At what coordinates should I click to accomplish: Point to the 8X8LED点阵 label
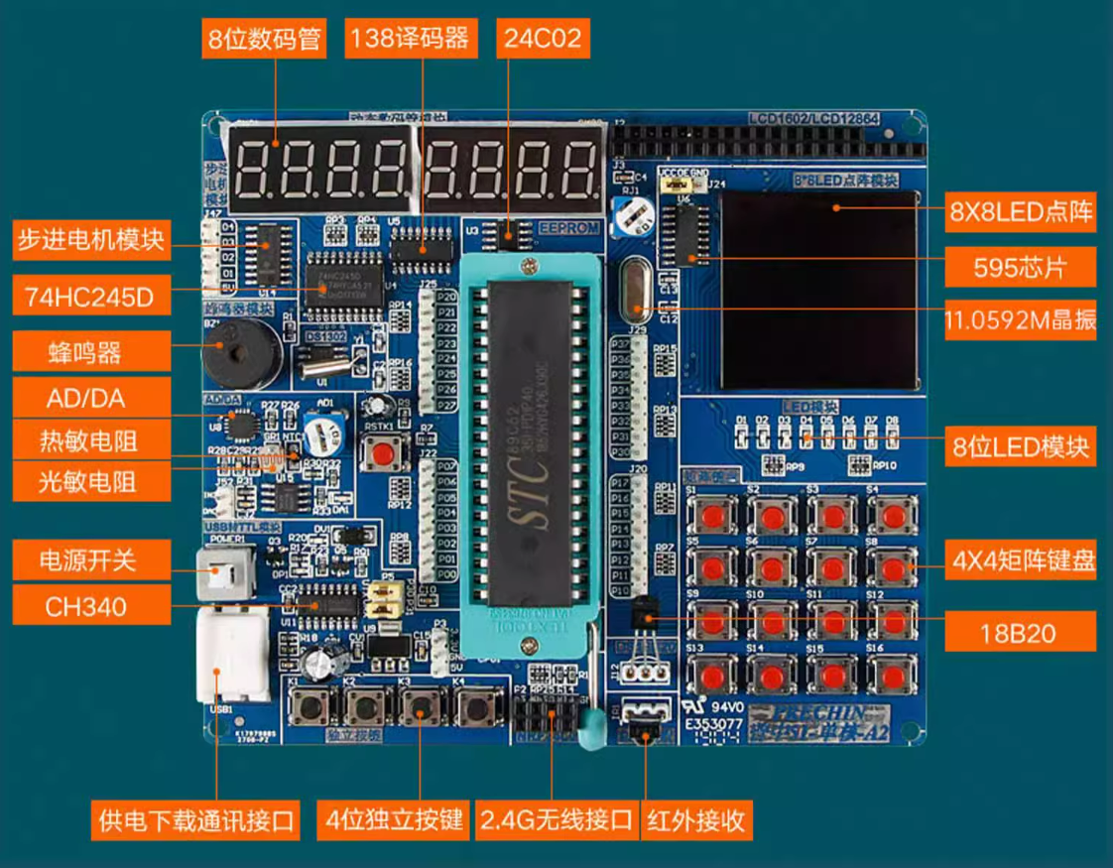point(1020,211)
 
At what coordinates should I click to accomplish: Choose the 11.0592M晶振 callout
point(1020,319)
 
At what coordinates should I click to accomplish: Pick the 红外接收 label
point(695,819)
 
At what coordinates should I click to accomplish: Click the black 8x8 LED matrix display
point(819,290)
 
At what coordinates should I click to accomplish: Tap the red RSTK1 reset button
point(383,454)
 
